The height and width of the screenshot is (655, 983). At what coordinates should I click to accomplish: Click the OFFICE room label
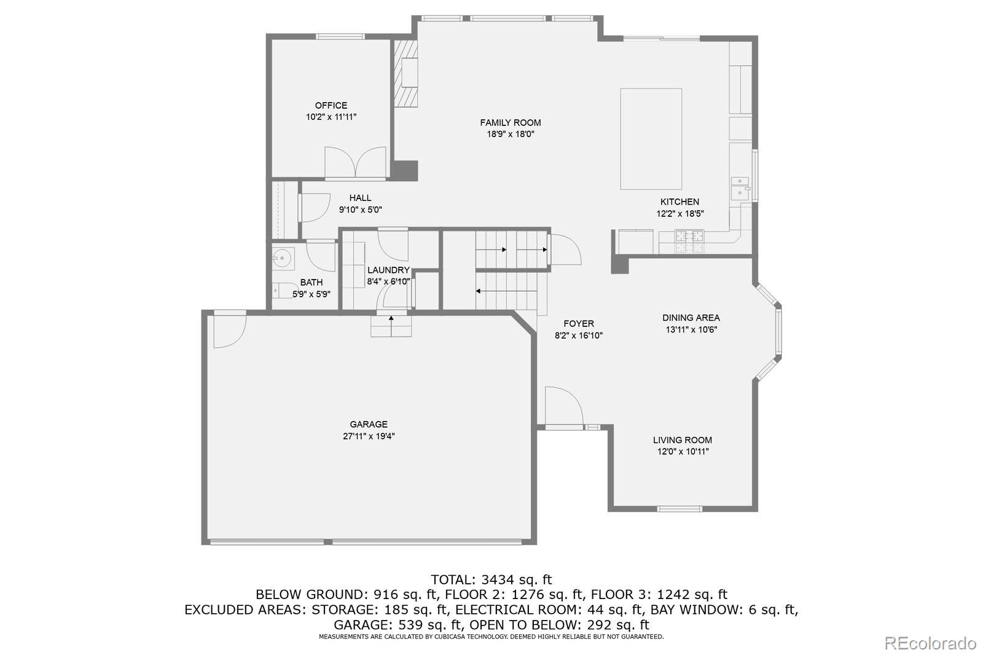[331, 105]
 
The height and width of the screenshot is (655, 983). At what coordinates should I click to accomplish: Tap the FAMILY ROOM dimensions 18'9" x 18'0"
[511, 134]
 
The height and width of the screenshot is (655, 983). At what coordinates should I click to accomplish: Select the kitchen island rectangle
[651, 139]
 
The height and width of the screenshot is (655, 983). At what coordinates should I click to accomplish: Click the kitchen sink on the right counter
[740, 188]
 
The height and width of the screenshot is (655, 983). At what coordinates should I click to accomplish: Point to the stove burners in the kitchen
[689, 241]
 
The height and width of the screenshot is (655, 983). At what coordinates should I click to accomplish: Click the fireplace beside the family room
[405, 74]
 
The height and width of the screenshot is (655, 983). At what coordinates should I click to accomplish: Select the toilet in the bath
[280, 291]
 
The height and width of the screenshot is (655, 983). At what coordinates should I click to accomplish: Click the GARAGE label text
[369, 425]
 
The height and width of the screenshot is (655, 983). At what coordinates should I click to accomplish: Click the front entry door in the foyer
[565, 407]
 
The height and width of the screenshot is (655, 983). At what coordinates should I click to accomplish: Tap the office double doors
[356, 162]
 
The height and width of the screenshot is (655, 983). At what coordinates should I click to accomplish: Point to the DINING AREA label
[691, 318]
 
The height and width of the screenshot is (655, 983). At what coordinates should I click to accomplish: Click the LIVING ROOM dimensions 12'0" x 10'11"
[683, 451]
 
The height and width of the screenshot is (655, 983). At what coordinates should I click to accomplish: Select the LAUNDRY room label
[388, 270]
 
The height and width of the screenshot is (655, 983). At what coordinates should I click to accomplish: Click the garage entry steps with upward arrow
[391, 326]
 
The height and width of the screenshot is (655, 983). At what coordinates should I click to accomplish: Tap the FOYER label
[579, 324]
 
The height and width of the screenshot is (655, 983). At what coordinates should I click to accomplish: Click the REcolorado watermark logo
[930, 643]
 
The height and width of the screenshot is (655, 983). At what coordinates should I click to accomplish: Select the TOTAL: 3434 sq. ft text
[491, 580]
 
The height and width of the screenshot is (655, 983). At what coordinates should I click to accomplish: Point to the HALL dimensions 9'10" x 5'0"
[360, 210]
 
